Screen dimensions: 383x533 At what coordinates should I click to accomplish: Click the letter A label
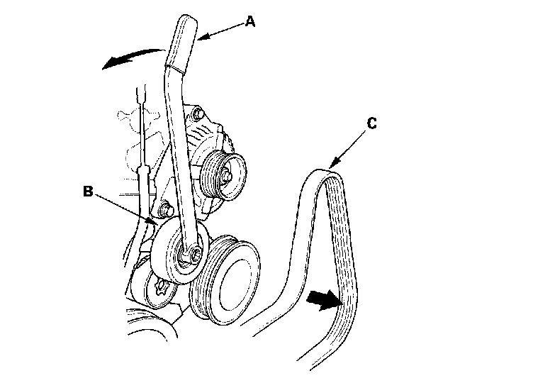[x=249, y=22]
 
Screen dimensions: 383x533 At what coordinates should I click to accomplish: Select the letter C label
[x=373, y=123]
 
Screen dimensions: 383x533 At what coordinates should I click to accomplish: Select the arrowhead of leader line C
[x=334, y=165]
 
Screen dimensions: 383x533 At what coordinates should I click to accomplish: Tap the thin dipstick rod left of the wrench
[x=143, y=142]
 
